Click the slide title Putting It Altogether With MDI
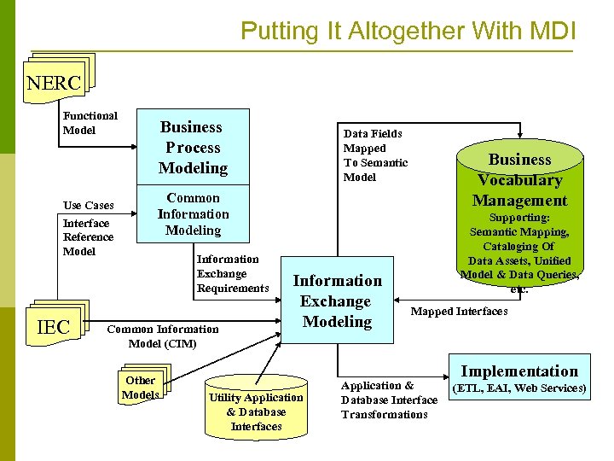pyautogui.click(x=408, y=32)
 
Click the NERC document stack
pyautogui.click(x=56, y=82)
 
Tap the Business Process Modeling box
pyautogui.click(x=193, y=148)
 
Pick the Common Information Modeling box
pyautogui.click(x=193, y=214)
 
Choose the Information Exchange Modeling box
pyautogui.click(x=337, y=301)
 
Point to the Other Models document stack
pyautogui.click(x=142, y=386)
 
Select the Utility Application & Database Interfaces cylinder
pyautogui.click(x=256, y=408)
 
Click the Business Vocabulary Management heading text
pyautogui.click(x=520, y=180)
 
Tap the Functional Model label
pyautogui.click(x=90, y=123)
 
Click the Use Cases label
pyautogui.click(x=89, y=205)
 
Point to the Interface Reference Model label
pyautogui.click(x=88, y=237)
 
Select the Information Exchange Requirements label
pyautogui.click(x=232, y=273)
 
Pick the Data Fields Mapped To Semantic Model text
pyautogui.click(x=375, y=155)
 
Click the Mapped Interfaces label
pyautogui.click(x=459, y=311)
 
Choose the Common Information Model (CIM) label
pyautogui.click(x=162, y=336)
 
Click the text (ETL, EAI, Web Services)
pyautogui.click(x=518, y=388)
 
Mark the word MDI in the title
pyautogui.click(x=553, y=32)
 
